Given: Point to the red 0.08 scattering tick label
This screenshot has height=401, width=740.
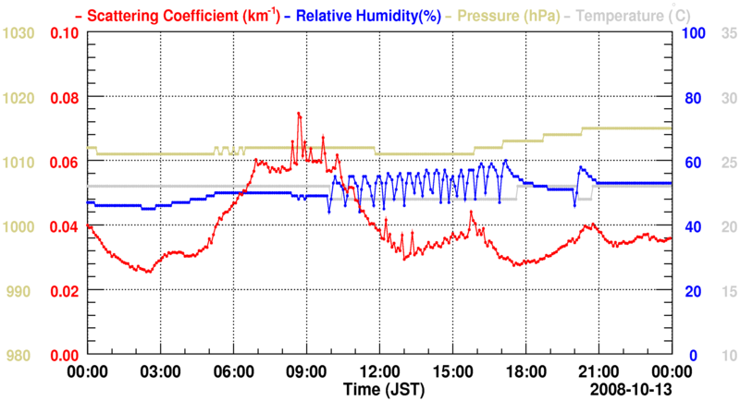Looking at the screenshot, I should coord(64,98).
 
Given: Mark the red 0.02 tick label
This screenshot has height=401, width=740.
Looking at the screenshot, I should coord(64,291).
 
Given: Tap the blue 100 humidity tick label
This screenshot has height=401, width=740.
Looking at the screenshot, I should coord(695,33).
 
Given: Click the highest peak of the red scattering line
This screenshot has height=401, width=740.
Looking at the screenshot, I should coord(299,113).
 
